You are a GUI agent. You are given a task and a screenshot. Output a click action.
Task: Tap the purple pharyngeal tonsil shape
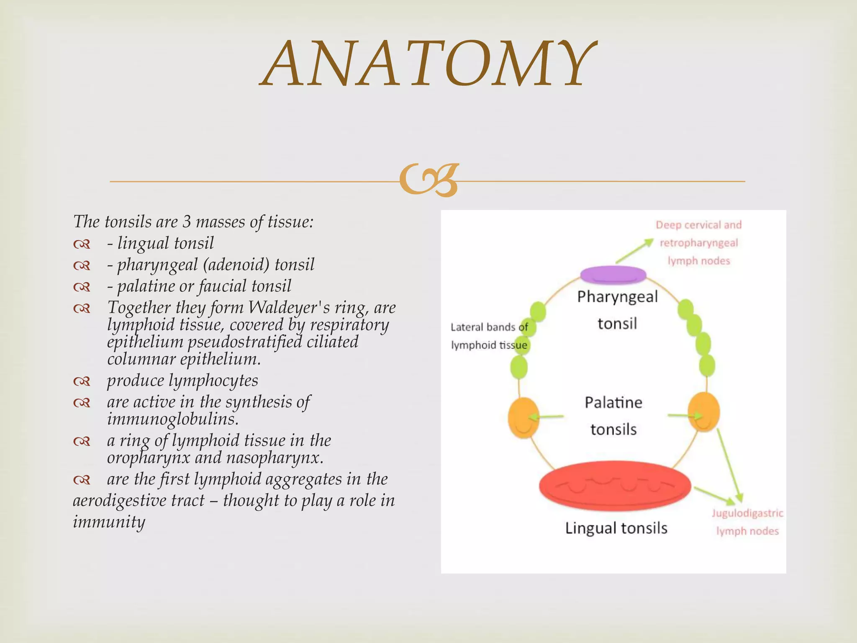[x=613, y=275]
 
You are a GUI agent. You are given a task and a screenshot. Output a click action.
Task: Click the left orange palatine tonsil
[x=523, y=417]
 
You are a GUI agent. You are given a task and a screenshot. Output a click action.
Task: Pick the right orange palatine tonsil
[x=704, y=412]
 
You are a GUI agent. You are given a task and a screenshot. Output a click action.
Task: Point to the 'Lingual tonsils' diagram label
[x=616, y=528]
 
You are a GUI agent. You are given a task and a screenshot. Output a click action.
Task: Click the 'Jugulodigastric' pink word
[x=747, y=513]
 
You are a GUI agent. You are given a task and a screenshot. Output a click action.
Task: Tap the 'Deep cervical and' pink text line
[x=698, y=225]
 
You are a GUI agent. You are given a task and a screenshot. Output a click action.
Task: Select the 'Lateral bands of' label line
[x=489, y=327]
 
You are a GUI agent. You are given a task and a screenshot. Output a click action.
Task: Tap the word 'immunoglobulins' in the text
[x=172, y=419]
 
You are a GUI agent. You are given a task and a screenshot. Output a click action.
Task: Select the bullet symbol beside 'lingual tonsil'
[x=82, y=244]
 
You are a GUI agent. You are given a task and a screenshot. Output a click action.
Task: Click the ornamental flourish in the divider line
[x=428, y=180]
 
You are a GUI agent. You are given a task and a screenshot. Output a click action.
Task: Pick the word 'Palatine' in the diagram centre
[x=613, y=403]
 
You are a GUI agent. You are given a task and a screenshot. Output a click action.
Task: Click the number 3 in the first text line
[x=187, y=221]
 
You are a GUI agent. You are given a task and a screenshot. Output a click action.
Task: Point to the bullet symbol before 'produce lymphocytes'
[x=82, y=381]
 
